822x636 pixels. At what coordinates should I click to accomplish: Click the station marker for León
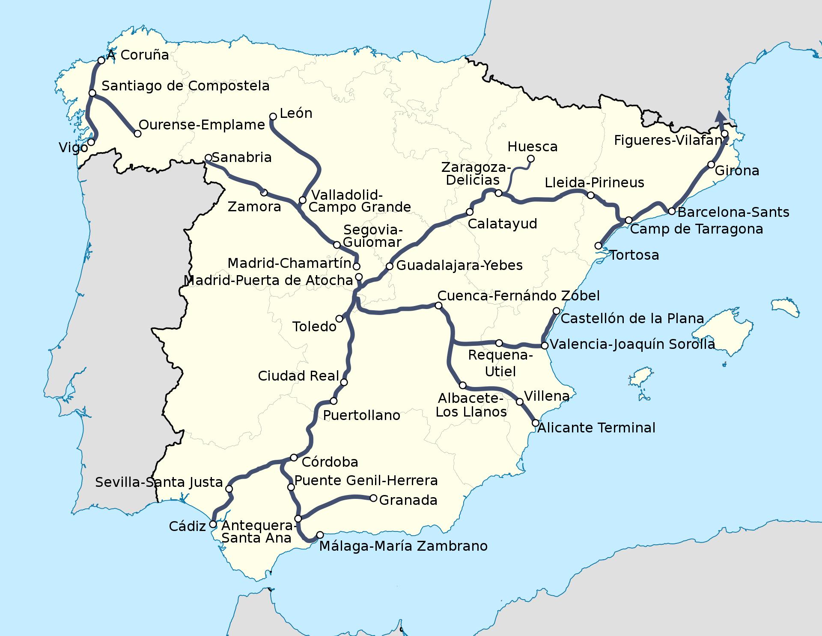[x=273, y=116]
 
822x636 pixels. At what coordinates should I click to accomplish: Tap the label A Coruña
[x=137, y=55]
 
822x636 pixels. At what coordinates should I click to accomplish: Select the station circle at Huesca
[x=531, y=159]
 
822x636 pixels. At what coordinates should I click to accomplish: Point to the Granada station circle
[x=373, y=498]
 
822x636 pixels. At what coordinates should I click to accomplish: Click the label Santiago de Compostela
[x=185, y=86]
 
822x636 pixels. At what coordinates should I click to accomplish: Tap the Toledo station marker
[x=340, y=318]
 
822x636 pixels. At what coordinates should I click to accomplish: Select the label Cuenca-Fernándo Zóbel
[x=518, y=296]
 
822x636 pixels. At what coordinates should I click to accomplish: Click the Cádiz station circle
[x=213, y=524]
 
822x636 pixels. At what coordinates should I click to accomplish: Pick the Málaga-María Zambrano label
[x=403, y=546]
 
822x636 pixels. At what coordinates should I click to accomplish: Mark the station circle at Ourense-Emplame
[x=137, y=134]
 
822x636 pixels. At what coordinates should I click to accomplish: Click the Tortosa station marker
[x=599, y=246]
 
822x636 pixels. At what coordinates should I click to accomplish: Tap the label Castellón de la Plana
[x=632, y=318]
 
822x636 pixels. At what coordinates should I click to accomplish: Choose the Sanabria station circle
[x=208, y=157]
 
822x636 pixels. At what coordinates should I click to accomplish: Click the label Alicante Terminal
[x=596, y=428]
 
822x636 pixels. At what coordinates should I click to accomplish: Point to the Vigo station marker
[x=91, y=142]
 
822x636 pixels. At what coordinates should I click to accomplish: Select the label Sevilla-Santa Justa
[x=159, y=482]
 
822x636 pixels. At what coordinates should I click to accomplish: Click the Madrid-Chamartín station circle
[x=356, y=266]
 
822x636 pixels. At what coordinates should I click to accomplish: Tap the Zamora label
[x=254, y=207]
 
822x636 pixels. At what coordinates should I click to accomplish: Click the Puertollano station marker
[x=334, y=401]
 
